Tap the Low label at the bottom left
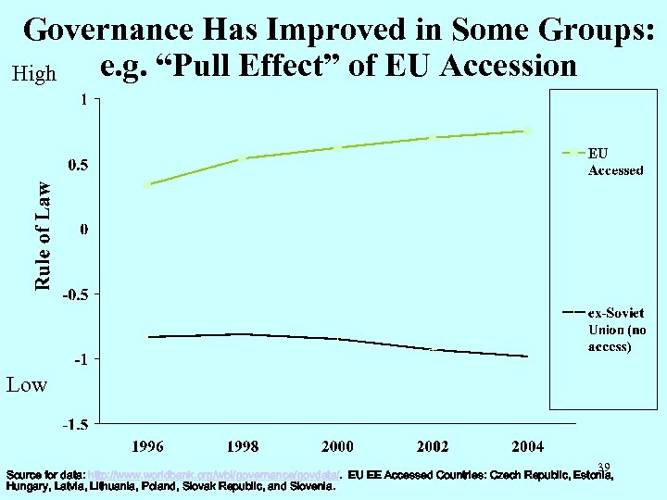point(27,384)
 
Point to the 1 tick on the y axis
point(84,99)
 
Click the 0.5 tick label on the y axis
point(78,165)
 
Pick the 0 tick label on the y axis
point(84,229)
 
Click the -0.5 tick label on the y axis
point(76,294)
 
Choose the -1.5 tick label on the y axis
point(76,426)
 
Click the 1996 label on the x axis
point(147,447)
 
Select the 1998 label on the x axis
point(243,447)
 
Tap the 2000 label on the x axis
point(337,447)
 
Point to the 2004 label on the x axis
point(528,447)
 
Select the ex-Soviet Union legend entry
point(617,330)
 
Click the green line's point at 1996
point(147,184)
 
